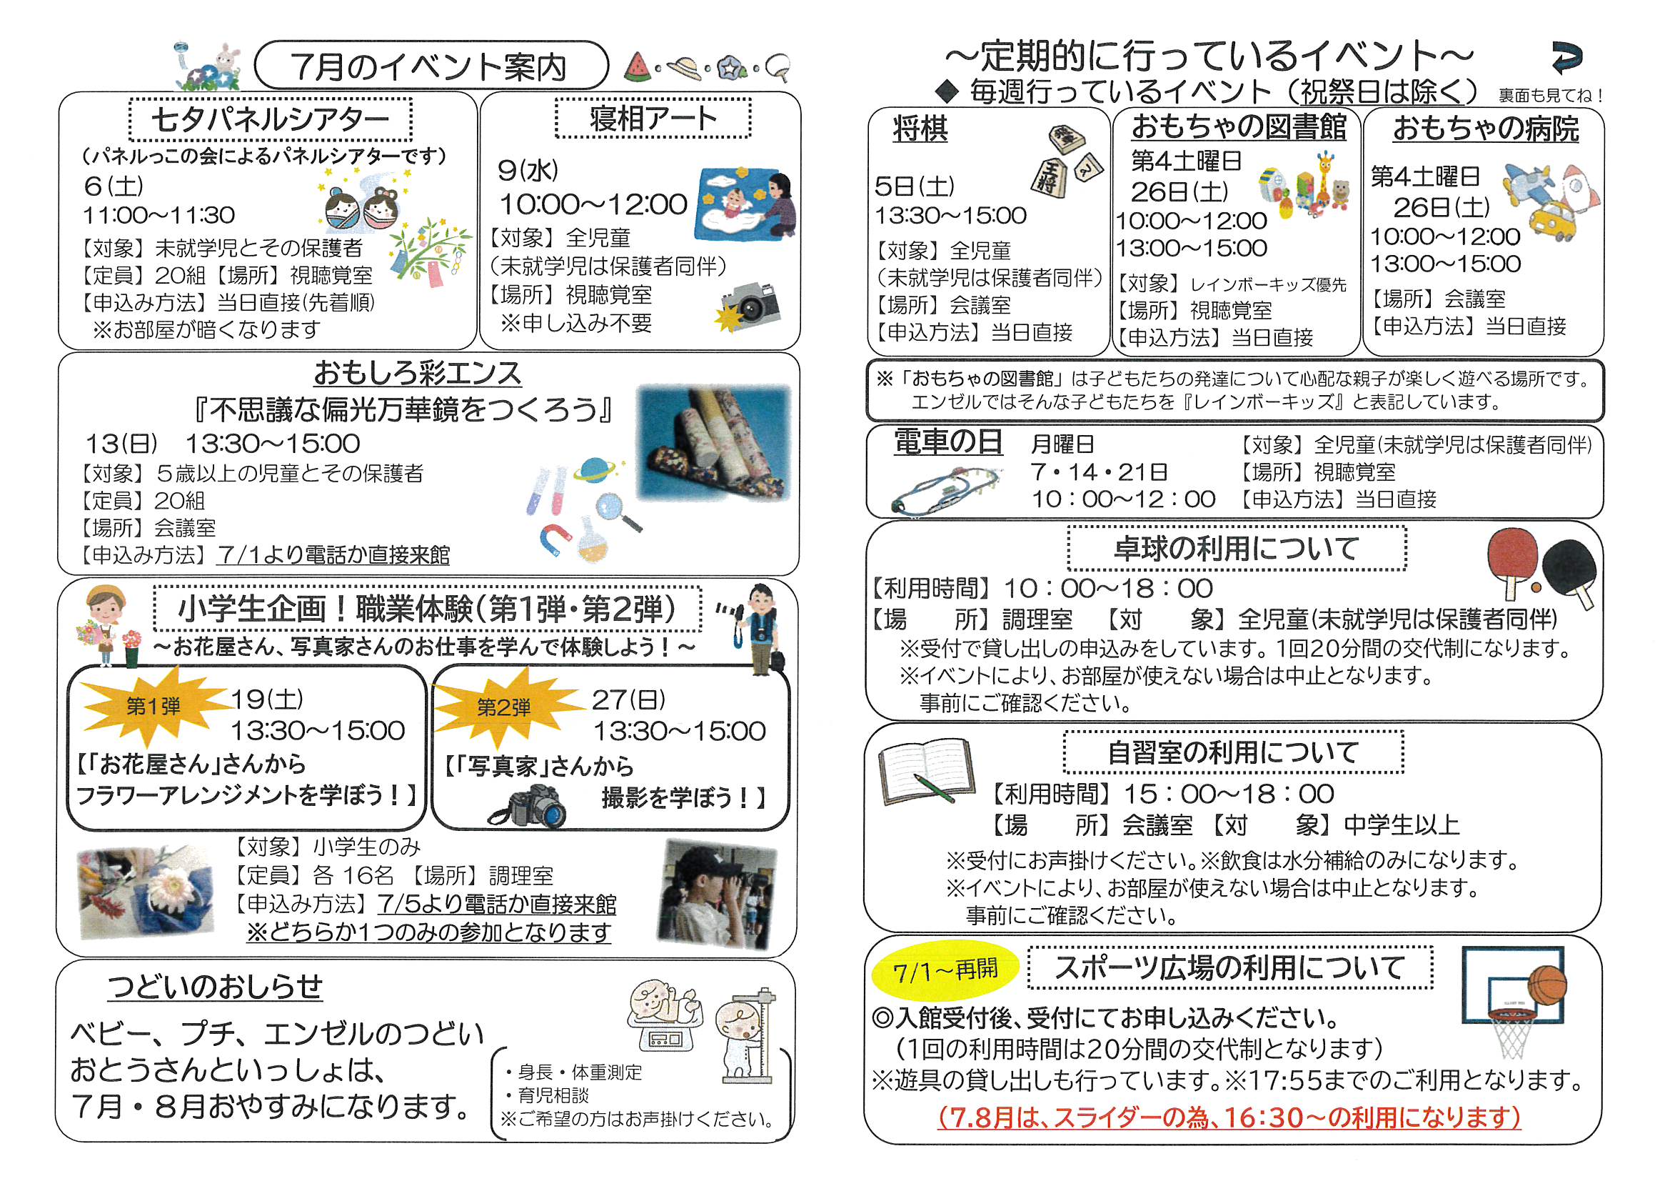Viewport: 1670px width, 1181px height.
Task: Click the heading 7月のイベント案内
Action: tap(429, 67)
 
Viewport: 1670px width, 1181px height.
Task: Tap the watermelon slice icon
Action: tap(638, 67)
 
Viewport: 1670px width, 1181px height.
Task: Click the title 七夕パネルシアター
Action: tap(271, 119)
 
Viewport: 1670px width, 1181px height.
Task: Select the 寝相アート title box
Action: tap(653, 118)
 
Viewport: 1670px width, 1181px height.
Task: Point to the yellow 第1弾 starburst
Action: tap(153, 705)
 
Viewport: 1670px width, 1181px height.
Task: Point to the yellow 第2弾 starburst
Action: tap(503, 707)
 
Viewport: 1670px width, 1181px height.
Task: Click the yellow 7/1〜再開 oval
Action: tap(944, 971)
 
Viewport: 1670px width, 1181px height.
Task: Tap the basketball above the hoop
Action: tap(1546, 986)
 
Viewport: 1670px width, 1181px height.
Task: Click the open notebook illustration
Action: tap(926, 772)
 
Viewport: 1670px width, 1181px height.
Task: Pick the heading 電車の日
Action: tap(947, 442)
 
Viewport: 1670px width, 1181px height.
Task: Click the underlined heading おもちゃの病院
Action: tap(1485, 129)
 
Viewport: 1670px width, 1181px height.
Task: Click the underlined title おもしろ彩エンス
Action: tap(418, 373)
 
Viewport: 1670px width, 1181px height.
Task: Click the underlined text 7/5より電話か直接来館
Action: tap(497, 904)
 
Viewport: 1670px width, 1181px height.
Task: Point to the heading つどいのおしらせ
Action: tap(216, 987)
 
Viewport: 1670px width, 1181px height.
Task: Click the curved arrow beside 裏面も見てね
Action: tap(1565, 58)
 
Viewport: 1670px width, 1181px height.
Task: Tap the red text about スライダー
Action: tap(1229, 1117)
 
